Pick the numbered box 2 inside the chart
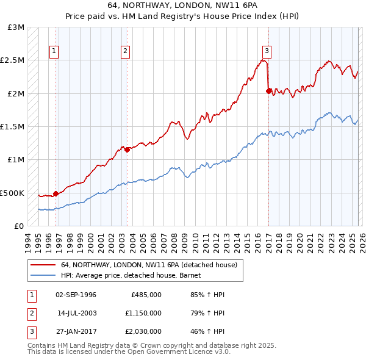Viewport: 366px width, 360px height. coord(125,51)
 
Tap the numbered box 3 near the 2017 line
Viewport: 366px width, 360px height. coord(267,51)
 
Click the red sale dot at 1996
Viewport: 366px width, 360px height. coord(56,193)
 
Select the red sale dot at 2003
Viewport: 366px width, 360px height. coord(127,149)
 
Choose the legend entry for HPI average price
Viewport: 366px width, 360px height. coord(135,275)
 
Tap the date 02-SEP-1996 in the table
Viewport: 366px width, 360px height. coord(76,295)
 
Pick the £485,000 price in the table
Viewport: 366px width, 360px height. coord(146,295)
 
